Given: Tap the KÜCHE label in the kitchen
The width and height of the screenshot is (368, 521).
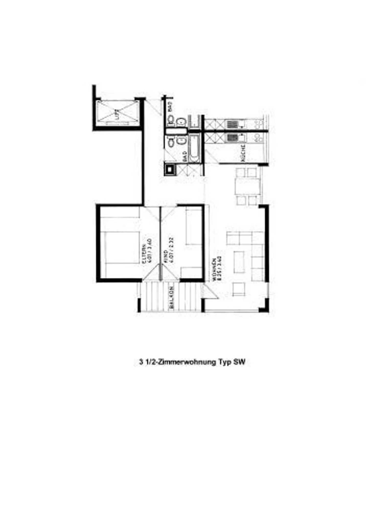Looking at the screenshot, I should (243, 153).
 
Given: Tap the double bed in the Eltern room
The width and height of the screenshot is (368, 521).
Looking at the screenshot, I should (120, 247).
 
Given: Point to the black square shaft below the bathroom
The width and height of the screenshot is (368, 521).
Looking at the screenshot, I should (170, 169).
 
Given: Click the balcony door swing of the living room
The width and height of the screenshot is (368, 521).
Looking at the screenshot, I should (210, 291).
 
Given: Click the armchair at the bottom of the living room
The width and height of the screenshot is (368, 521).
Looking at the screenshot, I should (239, 289).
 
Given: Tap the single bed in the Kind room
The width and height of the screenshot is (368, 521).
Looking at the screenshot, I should (194, 226).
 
